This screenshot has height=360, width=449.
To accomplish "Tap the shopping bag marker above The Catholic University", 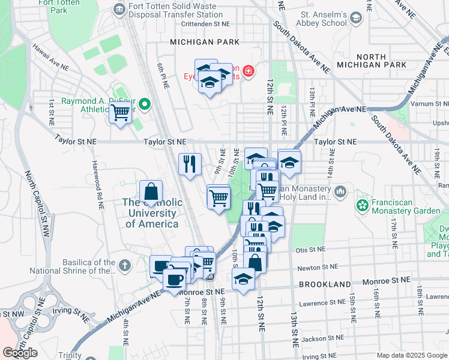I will pos(151,193).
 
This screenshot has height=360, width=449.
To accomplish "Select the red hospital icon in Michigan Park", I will pos(248,73).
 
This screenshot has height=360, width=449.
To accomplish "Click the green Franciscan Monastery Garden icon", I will pos(362,206).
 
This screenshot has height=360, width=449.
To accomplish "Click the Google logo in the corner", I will pos(20,353).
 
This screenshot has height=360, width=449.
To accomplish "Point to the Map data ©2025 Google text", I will pos(411,355).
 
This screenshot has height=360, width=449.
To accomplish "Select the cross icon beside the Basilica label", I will pos(125,265).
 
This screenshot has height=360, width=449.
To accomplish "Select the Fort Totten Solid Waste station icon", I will pos(119,10).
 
